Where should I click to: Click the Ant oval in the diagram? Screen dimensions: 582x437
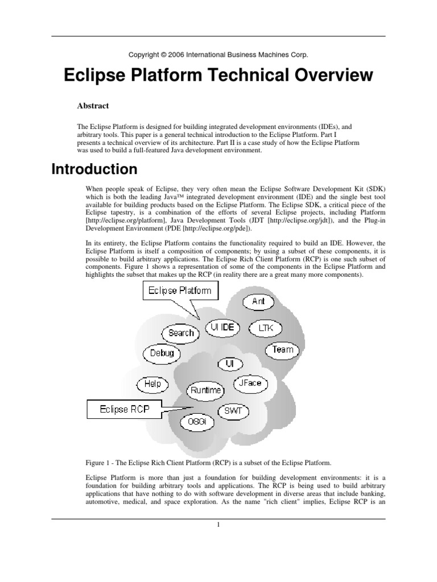(x=258, y=302)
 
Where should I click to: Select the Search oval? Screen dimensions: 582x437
(x=181, y=332)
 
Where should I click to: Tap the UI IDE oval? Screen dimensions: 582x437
(x=223, y=328)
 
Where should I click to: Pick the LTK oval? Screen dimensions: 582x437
(x=265, y=329)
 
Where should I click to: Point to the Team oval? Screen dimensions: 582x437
(x=283, y=350)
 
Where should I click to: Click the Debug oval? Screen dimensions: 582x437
(x=162, y=353)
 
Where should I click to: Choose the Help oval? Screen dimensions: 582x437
(x=152, y=384)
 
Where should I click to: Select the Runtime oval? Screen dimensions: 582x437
(x=205, y=390)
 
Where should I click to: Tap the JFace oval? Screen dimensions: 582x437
(x=250, y=383)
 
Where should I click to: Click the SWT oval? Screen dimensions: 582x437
(x=232, y=410)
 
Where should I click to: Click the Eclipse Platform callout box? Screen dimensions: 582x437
(x=180, y=291)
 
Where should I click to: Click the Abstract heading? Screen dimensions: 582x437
(x=93, y=105)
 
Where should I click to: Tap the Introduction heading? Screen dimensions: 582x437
(x=94, y=169)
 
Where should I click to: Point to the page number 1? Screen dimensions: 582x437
(x=218, y=524)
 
